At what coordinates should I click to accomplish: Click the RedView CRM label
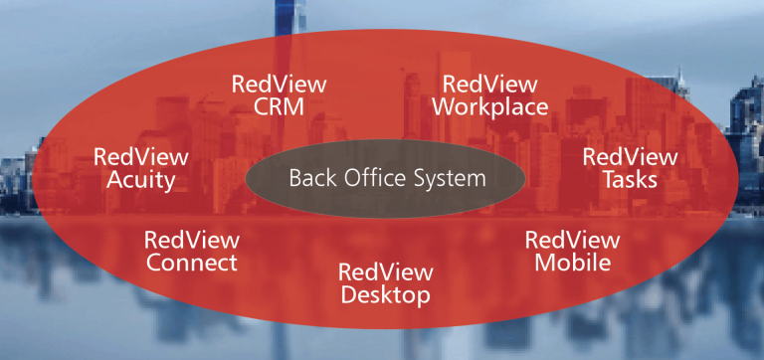click(x=278, y=94)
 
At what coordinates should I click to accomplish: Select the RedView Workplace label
click(x=489, y=95)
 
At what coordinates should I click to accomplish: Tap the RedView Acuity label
click(x=140, y=169)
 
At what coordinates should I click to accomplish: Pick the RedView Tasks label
click(x=630, y=169)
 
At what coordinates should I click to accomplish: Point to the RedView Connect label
click(x=191, y=252)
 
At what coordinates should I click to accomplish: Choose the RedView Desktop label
click(x=384, y=283)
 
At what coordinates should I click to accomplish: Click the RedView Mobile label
click(x=572, y=252)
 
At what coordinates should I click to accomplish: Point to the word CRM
click(x=278, y=106)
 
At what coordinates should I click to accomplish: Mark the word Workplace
click(x=489, y=107)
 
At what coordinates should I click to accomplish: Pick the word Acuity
click(x=140, y=181)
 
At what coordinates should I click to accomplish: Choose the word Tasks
click(x=630, y=181)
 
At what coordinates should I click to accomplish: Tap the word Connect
click(x=191, y=264)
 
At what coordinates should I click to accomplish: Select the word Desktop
click(x=384, y=295)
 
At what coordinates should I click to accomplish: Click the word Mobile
click(x=572, y=264)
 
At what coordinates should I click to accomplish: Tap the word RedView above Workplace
click(x=489, y=84)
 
